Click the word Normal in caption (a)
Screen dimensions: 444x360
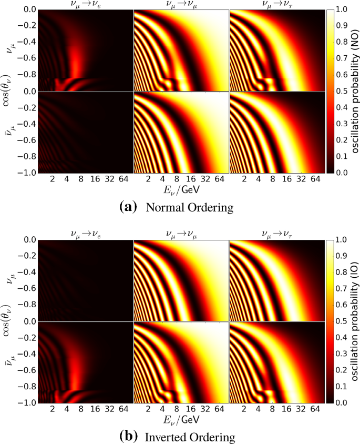tap(163, 207)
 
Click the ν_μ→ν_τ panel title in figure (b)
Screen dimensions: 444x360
tap(277, 234)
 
